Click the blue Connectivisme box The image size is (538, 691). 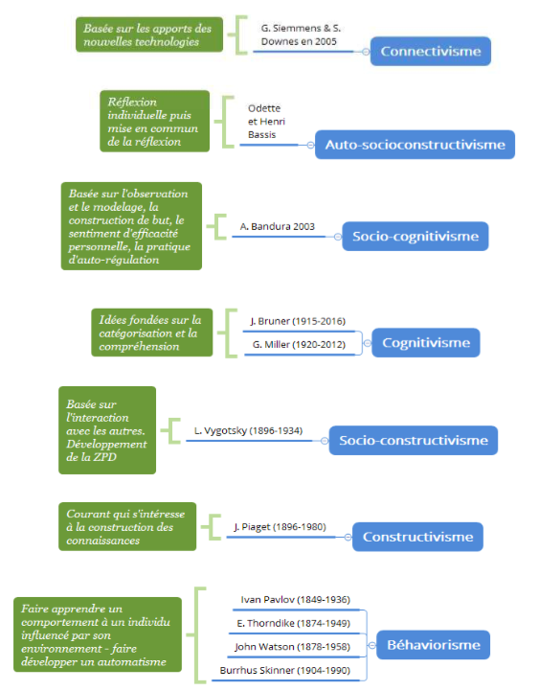pos(430,51)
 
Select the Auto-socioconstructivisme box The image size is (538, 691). pos(415,145)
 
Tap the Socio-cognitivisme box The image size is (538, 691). pos(415,236)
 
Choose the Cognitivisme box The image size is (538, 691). pos(426,342)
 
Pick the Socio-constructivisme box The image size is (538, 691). pos(414,440)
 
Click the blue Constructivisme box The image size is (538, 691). pos(417,537)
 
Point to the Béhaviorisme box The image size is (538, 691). pos(434,645)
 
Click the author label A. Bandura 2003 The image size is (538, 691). pos(278,226)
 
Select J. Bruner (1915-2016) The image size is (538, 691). pos(298,321)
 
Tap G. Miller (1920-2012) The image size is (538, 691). pos(299,345)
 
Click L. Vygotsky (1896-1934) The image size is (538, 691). pos(248,430)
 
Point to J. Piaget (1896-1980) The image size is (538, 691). pos(280,527)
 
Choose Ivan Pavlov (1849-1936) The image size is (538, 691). pos(296,600)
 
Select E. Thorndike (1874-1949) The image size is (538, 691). pos(294,623)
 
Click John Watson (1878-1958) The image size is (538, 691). pos(292,647)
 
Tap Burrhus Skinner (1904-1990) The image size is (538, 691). pos(285,670)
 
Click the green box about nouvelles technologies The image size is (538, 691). pos(149,35)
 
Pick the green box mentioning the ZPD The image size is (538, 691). pos(107,430)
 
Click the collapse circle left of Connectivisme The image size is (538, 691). pos(366,52)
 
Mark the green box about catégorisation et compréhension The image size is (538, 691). pos(152,333)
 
